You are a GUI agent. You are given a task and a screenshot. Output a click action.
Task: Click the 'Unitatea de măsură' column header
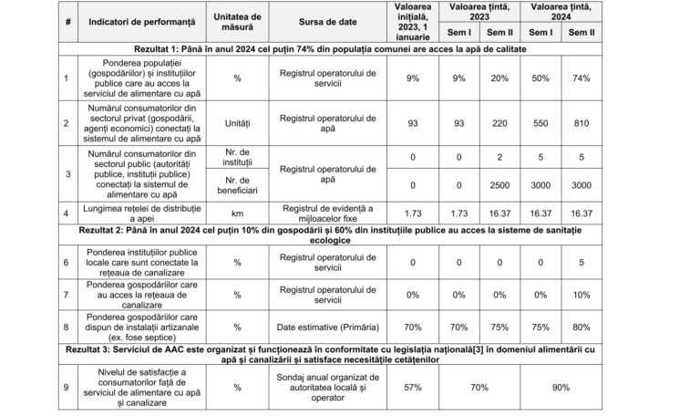click(236, 22)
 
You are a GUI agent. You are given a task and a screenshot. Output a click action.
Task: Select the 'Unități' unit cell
click(236, 123)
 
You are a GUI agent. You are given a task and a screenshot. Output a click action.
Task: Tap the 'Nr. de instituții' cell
click(236, 156)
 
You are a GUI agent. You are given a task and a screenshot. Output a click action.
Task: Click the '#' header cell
click(66, 22)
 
